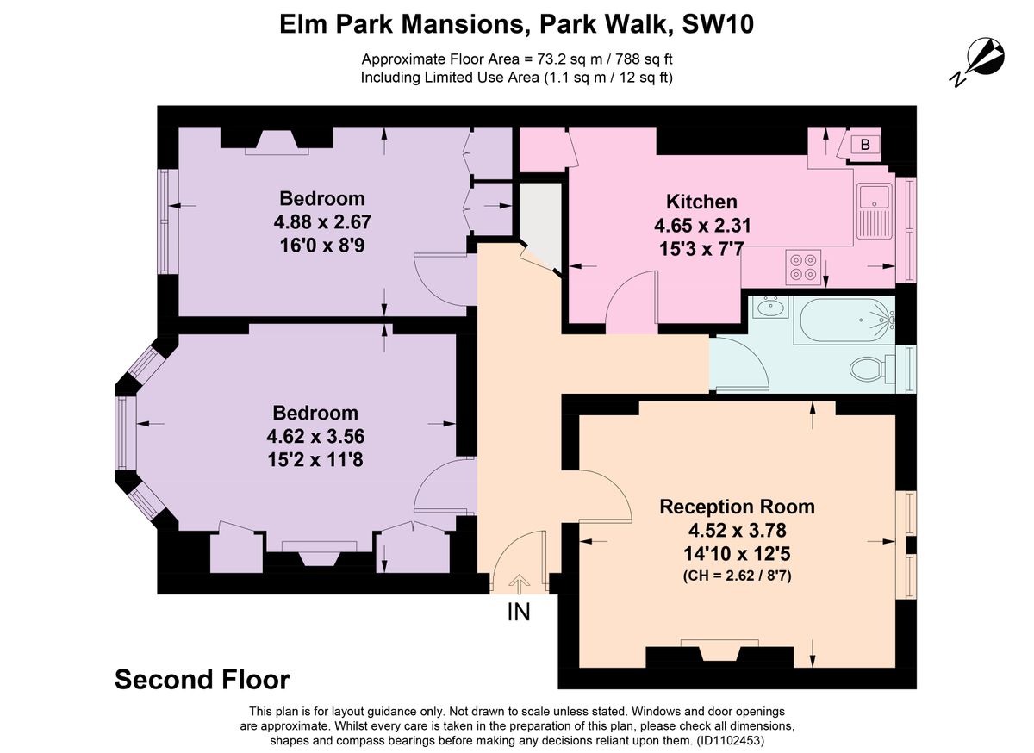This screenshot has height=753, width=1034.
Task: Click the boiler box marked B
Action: click(865, 145)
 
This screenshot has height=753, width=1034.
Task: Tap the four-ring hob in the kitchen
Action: click(803, 267)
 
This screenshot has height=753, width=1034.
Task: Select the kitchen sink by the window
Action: click(875, 211)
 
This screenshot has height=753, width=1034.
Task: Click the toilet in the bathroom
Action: click(871, 369)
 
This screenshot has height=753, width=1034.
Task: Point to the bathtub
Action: click(844, 320)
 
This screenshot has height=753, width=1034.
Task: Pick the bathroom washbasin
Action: click(770, 307)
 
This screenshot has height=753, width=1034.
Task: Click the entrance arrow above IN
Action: click(520, 583)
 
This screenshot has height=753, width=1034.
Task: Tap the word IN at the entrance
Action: click(519, 613)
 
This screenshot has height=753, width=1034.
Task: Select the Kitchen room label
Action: click(701, 202)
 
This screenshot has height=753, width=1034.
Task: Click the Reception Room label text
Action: click(737, 507)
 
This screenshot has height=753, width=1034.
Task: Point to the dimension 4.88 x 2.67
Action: click(322, 221)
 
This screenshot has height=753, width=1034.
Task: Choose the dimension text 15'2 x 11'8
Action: click(315, 460)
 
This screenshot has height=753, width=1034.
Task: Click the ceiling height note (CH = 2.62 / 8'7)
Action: click(738, 576)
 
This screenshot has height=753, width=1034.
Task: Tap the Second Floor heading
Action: click(202, 679)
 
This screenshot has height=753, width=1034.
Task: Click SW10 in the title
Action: click(718, 24)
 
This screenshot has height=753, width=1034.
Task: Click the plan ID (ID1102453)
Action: click(731, 741)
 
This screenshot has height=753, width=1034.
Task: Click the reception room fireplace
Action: click(719, 652)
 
